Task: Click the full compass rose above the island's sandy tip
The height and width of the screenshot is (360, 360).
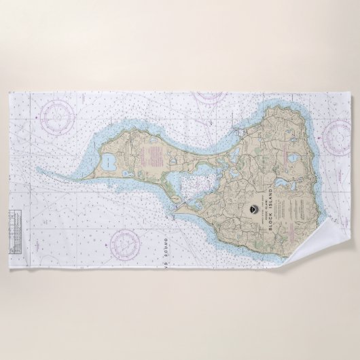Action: [x=57, y=115]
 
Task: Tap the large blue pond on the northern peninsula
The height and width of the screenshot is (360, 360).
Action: [x=108, y=162]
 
